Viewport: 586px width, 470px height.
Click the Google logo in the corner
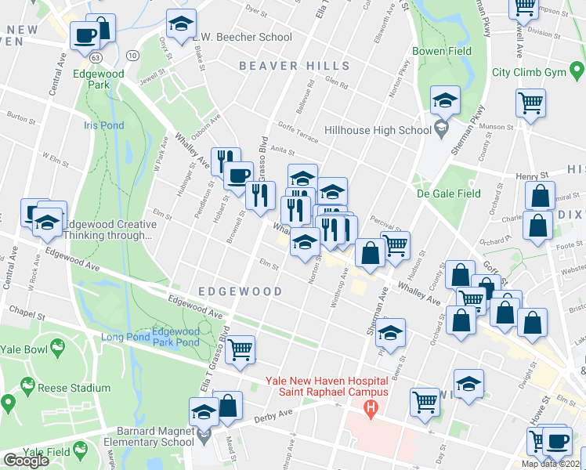click(26, 461)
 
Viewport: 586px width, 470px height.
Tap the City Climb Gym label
click(529, 72)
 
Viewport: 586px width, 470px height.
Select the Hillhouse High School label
click(378, 131)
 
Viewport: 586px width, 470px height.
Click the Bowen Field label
click(443, 51)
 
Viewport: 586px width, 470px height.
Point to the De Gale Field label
click(448, 193)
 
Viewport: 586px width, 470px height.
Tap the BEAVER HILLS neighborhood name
click(295, 66)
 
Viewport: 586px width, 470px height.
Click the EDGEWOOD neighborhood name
click(240, 291)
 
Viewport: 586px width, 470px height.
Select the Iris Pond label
click(103, 125)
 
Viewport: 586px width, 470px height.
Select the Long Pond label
click(125, 338)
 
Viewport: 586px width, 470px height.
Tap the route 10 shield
click(132, 54)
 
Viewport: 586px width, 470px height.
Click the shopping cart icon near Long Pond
click(241, 349)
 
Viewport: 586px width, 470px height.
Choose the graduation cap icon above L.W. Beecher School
click(181, 23)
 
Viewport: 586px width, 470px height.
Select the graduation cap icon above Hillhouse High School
click(445, 100)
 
